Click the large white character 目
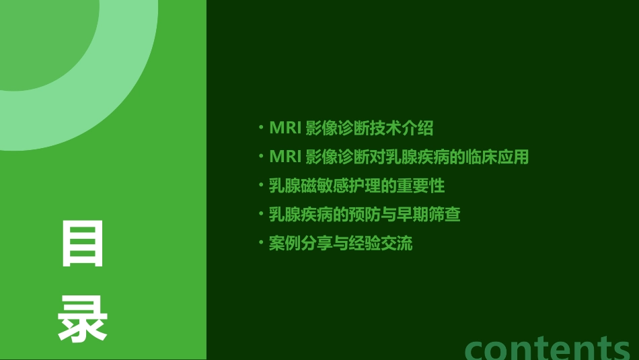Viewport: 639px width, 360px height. (x=83, y=244)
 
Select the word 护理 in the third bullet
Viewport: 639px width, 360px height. (x=382, y=186)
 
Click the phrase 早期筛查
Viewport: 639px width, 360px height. (x=437, y=215)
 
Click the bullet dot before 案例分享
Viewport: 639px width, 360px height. (x=261, y=242)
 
